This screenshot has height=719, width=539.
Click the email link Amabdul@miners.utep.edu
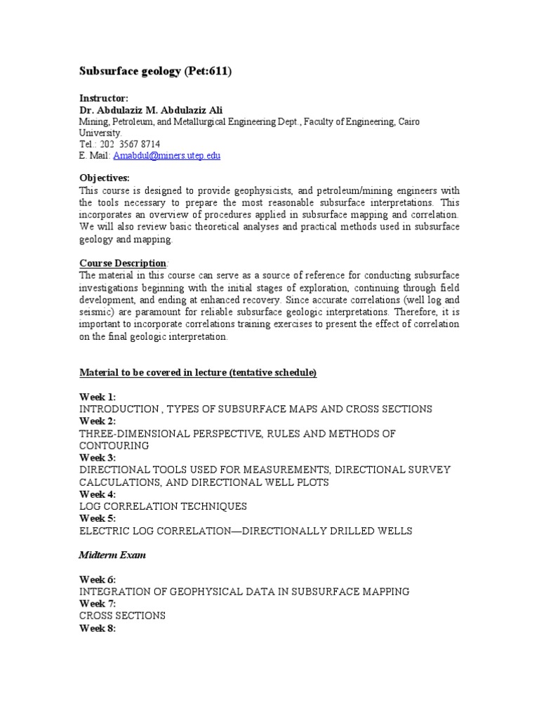[x=166, y=155]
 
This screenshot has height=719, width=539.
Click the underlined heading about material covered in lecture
[x=197, y=372]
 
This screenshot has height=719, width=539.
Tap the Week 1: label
[x=97, y=397]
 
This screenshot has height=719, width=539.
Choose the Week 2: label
[x=97, y=421]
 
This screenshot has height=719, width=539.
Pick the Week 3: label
[x=97, y=458]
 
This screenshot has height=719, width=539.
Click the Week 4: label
[x=97, y=494]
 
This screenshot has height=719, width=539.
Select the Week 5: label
[x=97, y=519]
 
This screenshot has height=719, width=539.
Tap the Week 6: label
[x=97, y=579]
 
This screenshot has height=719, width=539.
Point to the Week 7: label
[x=97, y=604]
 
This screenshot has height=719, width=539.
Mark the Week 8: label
[x=97, y=628]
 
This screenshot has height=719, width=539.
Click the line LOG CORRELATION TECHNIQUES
[x=163, y=506]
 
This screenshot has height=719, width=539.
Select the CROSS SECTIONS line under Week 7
[x=122, y=616]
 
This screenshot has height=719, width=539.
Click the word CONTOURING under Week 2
[x=114, y=446]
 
